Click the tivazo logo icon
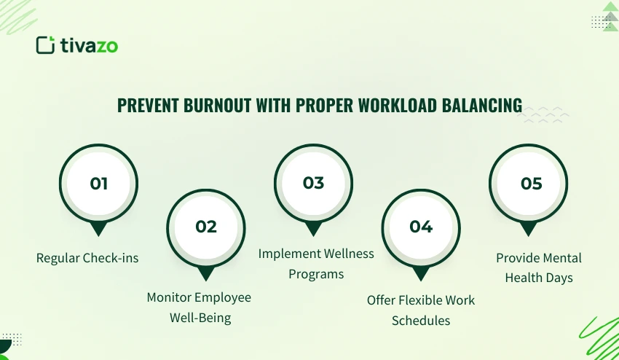[45, 45]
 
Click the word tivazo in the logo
[88, 45]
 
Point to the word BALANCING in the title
[482, 106]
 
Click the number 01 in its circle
[98, 183]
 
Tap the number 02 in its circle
[206, 226]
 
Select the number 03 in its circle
[313, 183]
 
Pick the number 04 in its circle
[421, 226]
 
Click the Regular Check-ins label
[87, 258]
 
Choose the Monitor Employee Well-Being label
[199, 307]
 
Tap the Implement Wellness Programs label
[316, 263]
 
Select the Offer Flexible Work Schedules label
[421, 310]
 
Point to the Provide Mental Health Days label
[539, 267]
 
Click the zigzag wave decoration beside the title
[547, 114]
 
